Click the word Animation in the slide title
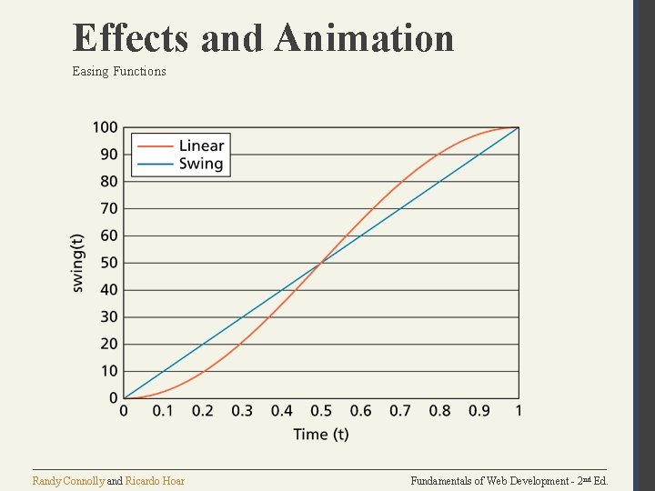pos(364,38)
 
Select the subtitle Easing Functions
pos(119,71)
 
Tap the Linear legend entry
pos(201,146)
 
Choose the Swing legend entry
pos(201,164)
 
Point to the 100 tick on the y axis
pos(105,126)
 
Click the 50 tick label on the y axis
pos(108,263)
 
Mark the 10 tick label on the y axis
pos(108,371)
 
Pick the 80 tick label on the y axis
pos(108,181)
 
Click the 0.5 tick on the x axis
pos(321,411)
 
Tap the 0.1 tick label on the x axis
pos(163,411)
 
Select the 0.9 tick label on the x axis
pos(479,411)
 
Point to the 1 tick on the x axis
pos(519,411)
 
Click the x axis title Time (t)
pos(321,435)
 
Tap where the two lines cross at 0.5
pos(321,263)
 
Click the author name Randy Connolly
pos(68,480)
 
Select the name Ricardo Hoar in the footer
pos(155,480)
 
